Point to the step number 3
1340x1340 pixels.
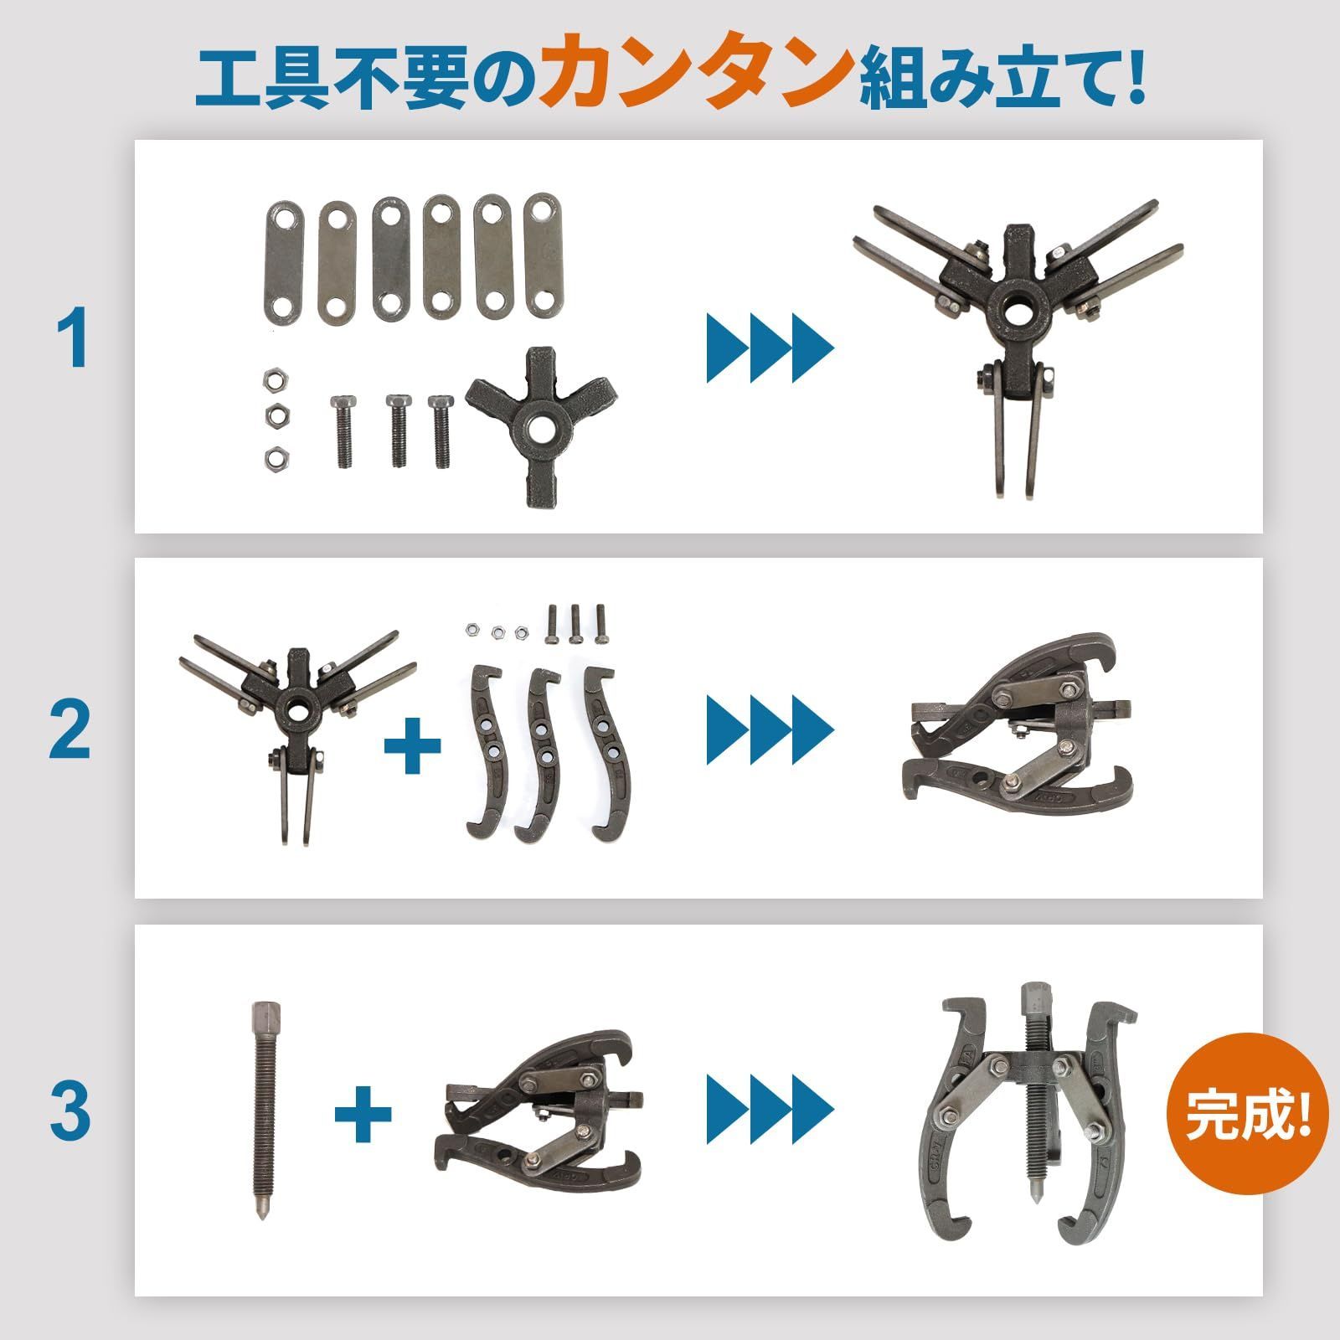coord(70,1111)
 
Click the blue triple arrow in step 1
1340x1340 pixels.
coord(770,348)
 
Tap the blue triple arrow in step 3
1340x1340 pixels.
coord(770,1110)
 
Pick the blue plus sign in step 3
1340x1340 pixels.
coord(363,1113)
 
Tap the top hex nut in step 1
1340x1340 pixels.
coord(273,382)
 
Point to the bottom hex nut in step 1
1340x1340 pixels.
coord(273,457)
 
